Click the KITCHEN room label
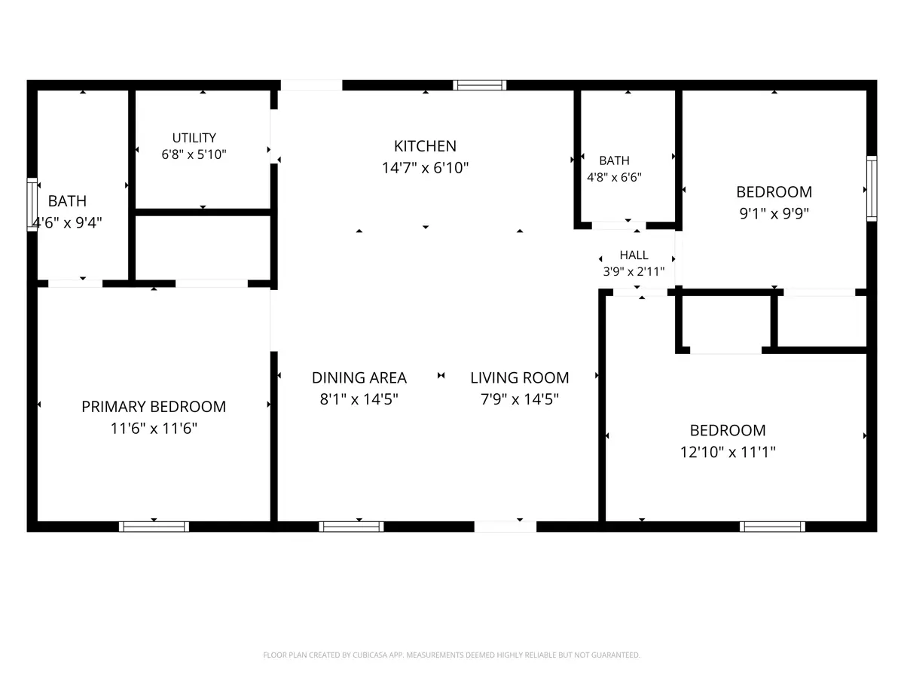tap(425, 146)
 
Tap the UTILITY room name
tap(194, 138)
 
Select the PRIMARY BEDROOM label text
tap(154, 407)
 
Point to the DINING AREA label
tap(359, 377)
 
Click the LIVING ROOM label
tap(520, 377)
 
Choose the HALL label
tap(634, 255)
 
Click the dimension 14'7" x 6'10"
tap(425, 168)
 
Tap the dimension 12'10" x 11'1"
tap(728, 452)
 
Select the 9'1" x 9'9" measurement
tap(774, 214)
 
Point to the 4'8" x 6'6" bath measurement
tap(614, 178)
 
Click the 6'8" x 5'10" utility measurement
tap(194, 154)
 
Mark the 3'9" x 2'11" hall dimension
tap(634, 272)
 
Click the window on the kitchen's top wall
tap(480, 85)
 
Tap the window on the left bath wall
tap(32, 205)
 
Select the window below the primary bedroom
tap(154, 527)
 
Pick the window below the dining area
tap(351, 527)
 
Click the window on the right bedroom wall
tap(872, 188)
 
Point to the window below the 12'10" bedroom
tap(772, 527)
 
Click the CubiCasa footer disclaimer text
tap(451, 655)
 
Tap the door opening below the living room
tap(505, 527)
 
